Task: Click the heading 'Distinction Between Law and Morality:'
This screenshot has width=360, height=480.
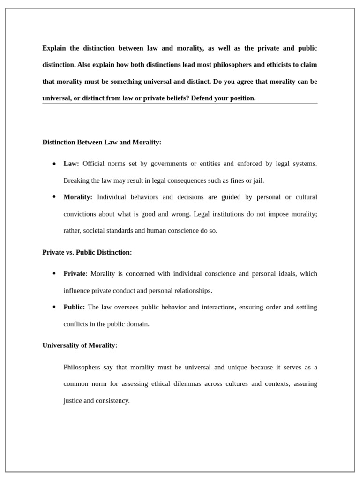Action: point(102,142)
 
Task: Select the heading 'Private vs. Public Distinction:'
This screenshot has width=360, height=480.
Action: point(87,252)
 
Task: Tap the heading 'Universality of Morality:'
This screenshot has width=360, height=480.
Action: point(80,345)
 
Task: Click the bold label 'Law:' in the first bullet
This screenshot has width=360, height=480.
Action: point(71,164)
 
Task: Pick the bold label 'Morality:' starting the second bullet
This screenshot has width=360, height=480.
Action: point(78,197)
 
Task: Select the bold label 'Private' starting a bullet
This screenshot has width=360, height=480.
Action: point(75,274)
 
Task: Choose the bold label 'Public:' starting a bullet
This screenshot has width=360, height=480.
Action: point(74,307)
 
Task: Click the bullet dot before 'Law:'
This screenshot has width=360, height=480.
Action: point(54,164)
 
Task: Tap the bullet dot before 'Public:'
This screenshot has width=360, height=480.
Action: point(54,307)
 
